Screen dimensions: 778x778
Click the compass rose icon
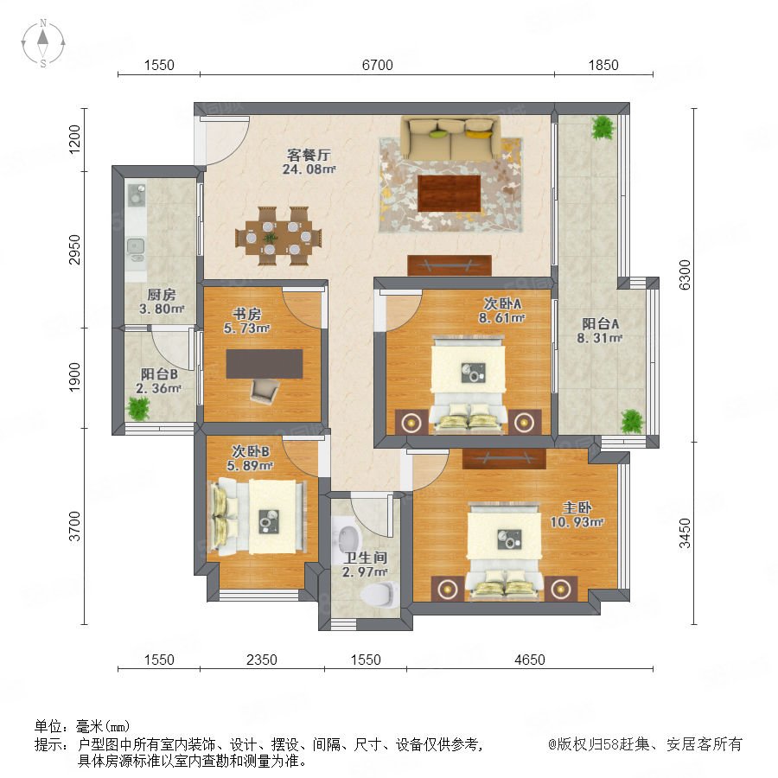coord(43,42)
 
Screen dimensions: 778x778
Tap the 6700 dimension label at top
coord(377,65)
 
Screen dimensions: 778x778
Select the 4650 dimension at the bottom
coord(529,660)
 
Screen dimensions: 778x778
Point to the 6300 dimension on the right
coord(685,275)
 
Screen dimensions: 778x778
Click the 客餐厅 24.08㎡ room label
coord(309,162)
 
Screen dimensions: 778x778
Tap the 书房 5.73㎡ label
coord(246,321)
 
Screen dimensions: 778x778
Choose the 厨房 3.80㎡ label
coord(162,302)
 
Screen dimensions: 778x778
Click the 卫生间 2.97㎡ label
coord(365,564)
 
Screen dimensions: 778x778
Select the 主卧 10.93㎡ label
coord(577,514)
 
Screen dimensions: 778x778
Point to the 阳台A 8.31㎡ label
coord(600,331)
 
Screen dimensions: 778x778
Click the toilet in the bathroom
coord(380,594)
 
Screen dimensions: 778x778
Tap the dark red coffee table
coord(449,193)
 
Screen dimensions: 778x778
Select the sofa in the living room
coord(450,138)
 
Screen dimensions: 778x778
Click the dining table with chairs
coord(278,236)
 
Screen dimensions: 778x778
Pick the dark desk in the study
coord(265,364)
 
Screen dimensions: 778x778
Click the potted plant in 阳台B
coord(138,408)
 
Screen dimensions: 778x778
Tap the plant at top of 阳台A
coord(603,128)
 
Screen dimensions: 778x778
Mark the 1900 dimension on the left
coord(74,377)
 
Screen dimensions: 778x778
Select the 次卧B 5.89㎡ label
coord(251,458)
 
